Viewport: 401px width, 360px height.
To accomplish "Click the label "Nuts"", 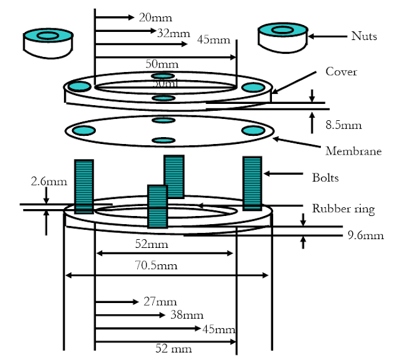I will [x=364, y=36].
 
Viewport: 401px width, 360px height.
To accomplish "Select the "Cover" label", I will [x=341, y=71].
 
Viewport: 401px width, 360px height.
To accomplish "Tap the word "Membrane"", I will [x=353, y=151].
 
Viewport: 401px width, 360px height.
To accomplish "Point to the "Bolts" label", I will [x=325, y=177].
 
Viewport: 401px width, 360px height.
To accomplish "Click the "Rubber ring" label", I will [x=343, y=208].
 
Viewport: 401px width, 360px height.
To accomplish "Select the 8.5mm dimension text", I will [x=343, y=125].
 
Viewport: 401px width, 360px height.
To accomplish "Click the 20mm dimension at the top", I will [x=155, y=17].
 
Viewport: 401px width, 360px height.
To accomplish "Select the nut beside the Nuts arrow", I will [x=283, y=36].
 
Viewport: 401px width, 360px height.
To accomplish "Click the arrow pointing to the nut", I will [x=328, y=37].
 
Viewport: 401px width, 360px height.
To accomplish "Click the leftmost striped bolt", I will [x=84, y=187].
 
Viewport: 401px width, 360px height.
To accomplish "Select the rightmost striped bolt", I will [x=253, y=183].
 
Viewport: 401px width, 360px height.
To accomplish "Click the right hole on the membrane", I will [x=253, y=130].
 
